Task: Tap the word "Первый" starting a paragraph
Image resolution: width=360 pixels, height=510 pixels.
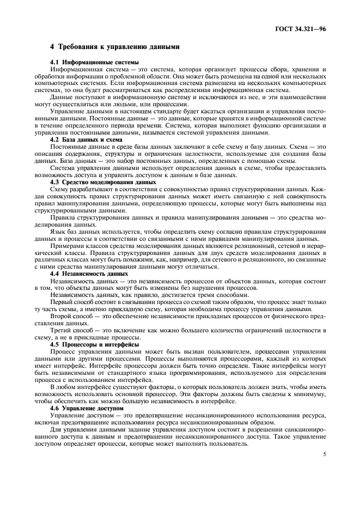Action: pyautogui.click(x=62, y=302)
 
